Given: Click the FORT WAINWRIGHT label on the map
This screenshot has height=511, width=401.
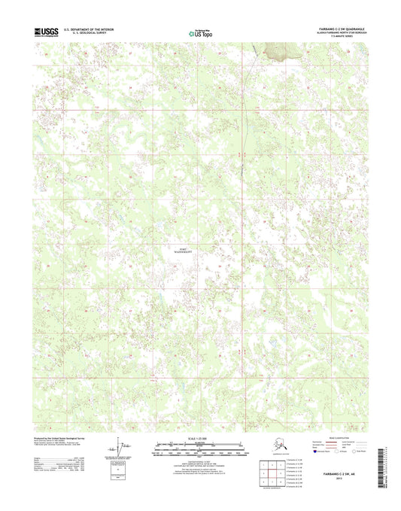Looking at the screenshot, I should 184,242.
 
